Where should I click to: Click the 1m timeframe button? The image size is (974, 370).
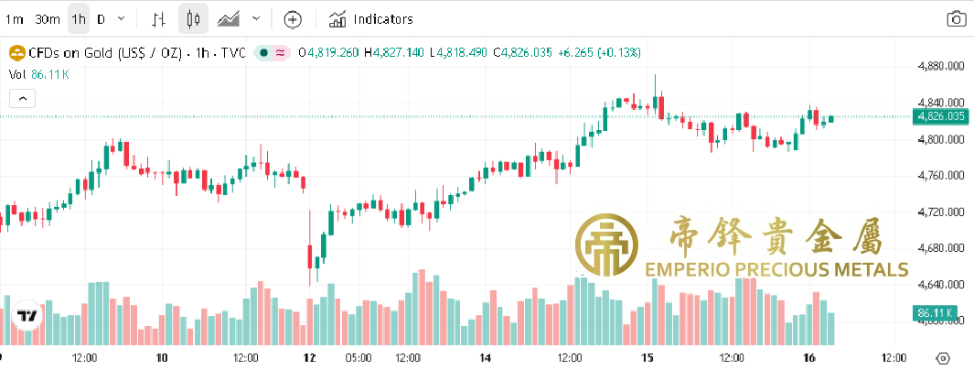[15, 18]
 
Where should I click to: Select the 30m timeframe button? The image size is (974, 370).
[47, 18]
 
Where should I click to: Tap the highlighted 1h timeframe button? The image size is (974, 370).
[79, 18]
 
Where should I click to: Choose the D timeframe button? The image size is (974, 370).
[101, 18]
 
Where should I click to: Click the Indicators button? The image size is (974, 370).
[371, 18]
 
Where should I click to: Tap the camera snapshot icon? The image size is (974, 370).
[956, 18]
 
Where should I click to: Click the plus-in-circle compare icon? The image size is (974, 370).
[292, 18]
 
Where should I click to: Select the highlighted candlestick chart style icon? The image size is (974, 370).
[192, 18]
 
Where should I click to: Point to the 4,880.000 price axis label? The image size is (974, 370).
[942, 66]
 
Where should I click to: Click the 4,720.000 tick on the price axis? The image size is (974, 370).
[942, 212]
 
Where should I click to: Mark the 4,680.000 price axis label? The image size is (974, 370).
[942, 248]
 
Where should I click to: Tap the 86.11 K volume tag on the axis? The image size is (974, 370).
[936, 313]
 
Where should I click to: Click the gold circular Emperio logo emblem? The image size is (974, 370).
[605, 245]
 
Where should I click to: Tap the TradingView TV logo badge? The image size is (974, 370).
[27, 316]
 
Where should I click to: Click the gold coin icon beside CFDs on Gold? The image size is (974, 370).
[16, 52]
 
